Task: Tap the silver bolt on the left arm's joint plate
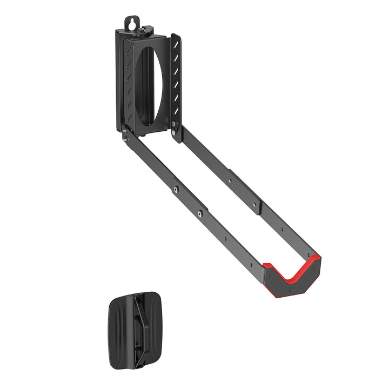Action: tap(175, 189)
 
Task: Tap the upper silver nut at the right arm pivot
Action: tap(173, 125)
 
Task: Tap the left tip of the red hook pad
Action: tap(266, 266)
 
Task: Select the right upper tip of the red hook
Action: tap(317, 259)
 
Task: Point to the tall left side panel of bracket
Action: tap(120, 81)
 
